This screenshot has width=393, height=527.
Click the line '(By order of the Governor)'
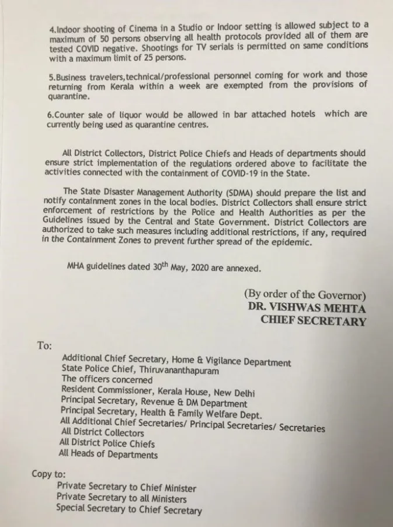tap(305, 295)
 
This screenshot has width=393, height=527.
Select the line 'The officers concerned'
tap(107, 380)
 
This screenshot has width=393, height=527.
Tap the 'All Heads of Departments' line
tap(109, 455)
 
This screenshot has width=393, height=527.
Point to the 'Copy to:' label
tap(49, 474)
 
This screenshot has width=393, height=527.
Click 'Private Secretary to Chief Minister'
tap(126, 487)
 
